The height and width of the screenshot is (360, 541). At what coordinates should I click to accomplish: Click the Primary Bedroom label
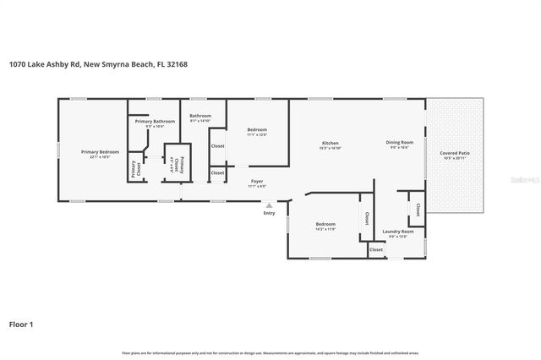tap(100, 152)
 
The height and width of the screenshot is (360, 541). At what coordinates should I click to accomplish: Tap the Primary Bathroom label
tap(155, 122)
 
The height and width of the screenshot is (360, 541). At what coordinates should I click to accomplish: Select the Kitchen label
tap(330, 143)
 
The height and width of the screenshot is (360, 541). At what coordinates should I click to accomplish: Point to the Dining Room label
tap(400, 143)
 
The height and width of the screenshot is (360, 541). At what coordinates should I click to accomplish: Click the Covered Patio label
tap(455, 153)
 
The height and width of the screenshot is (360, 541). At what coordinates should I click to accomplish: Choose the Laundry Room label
tap(397, 231)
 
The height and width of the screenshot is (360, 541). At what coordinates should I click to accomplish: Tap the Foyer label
tap(256, 182)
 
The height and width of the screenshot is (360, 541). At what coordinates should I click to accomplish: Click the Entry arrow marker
tap(270, 205)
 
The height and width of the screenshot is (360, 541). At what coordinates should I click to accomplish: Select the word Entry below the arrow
tap(270, 213)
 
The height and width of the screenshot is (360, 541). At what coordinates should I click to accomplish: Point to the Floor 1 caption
tap(21, 324)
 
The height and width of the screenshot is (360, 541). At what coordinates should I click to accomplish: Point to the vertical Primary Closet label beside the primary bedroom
tap(134, 168)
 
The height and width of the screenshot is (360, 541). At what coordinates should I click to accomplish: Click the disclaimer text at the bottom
tap(270, 351)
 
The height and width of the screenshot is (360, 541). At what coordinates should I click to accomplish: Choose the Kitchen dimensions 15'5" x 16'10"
tap(330, 148)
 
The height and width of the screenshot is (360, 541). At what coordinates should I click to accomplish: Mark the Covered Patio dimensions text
tap(455, 159)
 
